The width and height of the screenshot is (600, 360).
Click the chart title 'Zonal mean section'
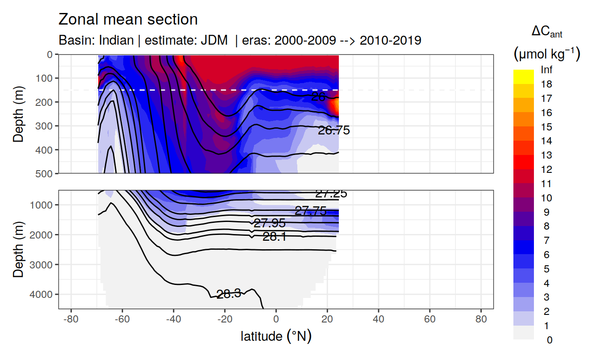(x=128, y=20)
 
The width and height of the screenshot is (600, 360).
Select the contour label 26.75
(x=333, y=130)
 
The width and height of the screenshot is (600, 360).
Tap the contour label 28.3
(x=229, y=293)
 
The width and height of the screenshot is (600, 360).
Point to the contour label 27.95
(x=269, y=223)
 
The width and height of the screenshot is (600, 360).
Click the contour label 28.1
(x=274, y=237)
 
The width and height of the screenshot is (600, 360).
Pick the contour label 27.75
(x=310, y=211)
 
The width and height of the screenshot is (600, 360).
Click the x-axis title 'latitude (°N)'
(x=276, y=336)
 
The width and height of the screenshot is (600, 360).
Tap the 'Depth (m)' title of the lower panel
(x=18, y=249)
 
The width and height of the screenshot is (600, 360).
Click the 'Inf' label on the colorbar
(x=546, y=70)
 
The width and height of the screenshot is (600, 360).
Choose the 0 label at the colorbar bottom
(x=550, y=340)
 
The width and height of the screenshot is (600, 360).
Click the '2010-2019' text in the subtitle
(x=390, y=40)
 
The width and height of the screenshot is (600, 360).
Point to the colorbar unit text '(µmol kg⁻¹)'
(x=547, y=54)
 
